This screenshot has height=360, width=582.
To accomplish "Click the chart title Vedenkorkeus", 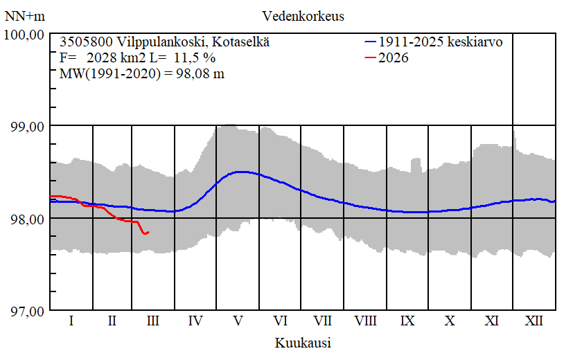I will tap(303, 15).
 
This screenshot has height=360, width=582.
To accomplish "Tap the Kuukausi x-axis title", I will tap(302, 343).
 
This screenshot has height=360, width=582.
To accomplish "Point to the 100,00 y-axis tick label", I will tap(25, 34).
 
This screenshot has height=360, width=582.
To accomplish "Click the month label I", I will tap(71, 321).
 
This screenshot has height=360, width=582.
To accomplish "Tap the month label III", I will tap(153, 321).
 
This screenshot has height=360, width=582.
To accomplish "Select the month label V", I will tap(238, 321).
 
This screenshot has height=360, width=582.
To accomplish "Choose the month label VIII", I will tap(365, 321).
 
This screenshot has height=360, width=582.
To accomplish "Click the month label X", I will tap(450, 321).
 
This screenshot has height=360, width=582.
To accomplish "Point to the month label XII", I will tap(533, 321).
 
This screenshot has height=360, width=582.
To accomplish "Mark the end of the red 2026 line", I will tap(149, 232).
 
